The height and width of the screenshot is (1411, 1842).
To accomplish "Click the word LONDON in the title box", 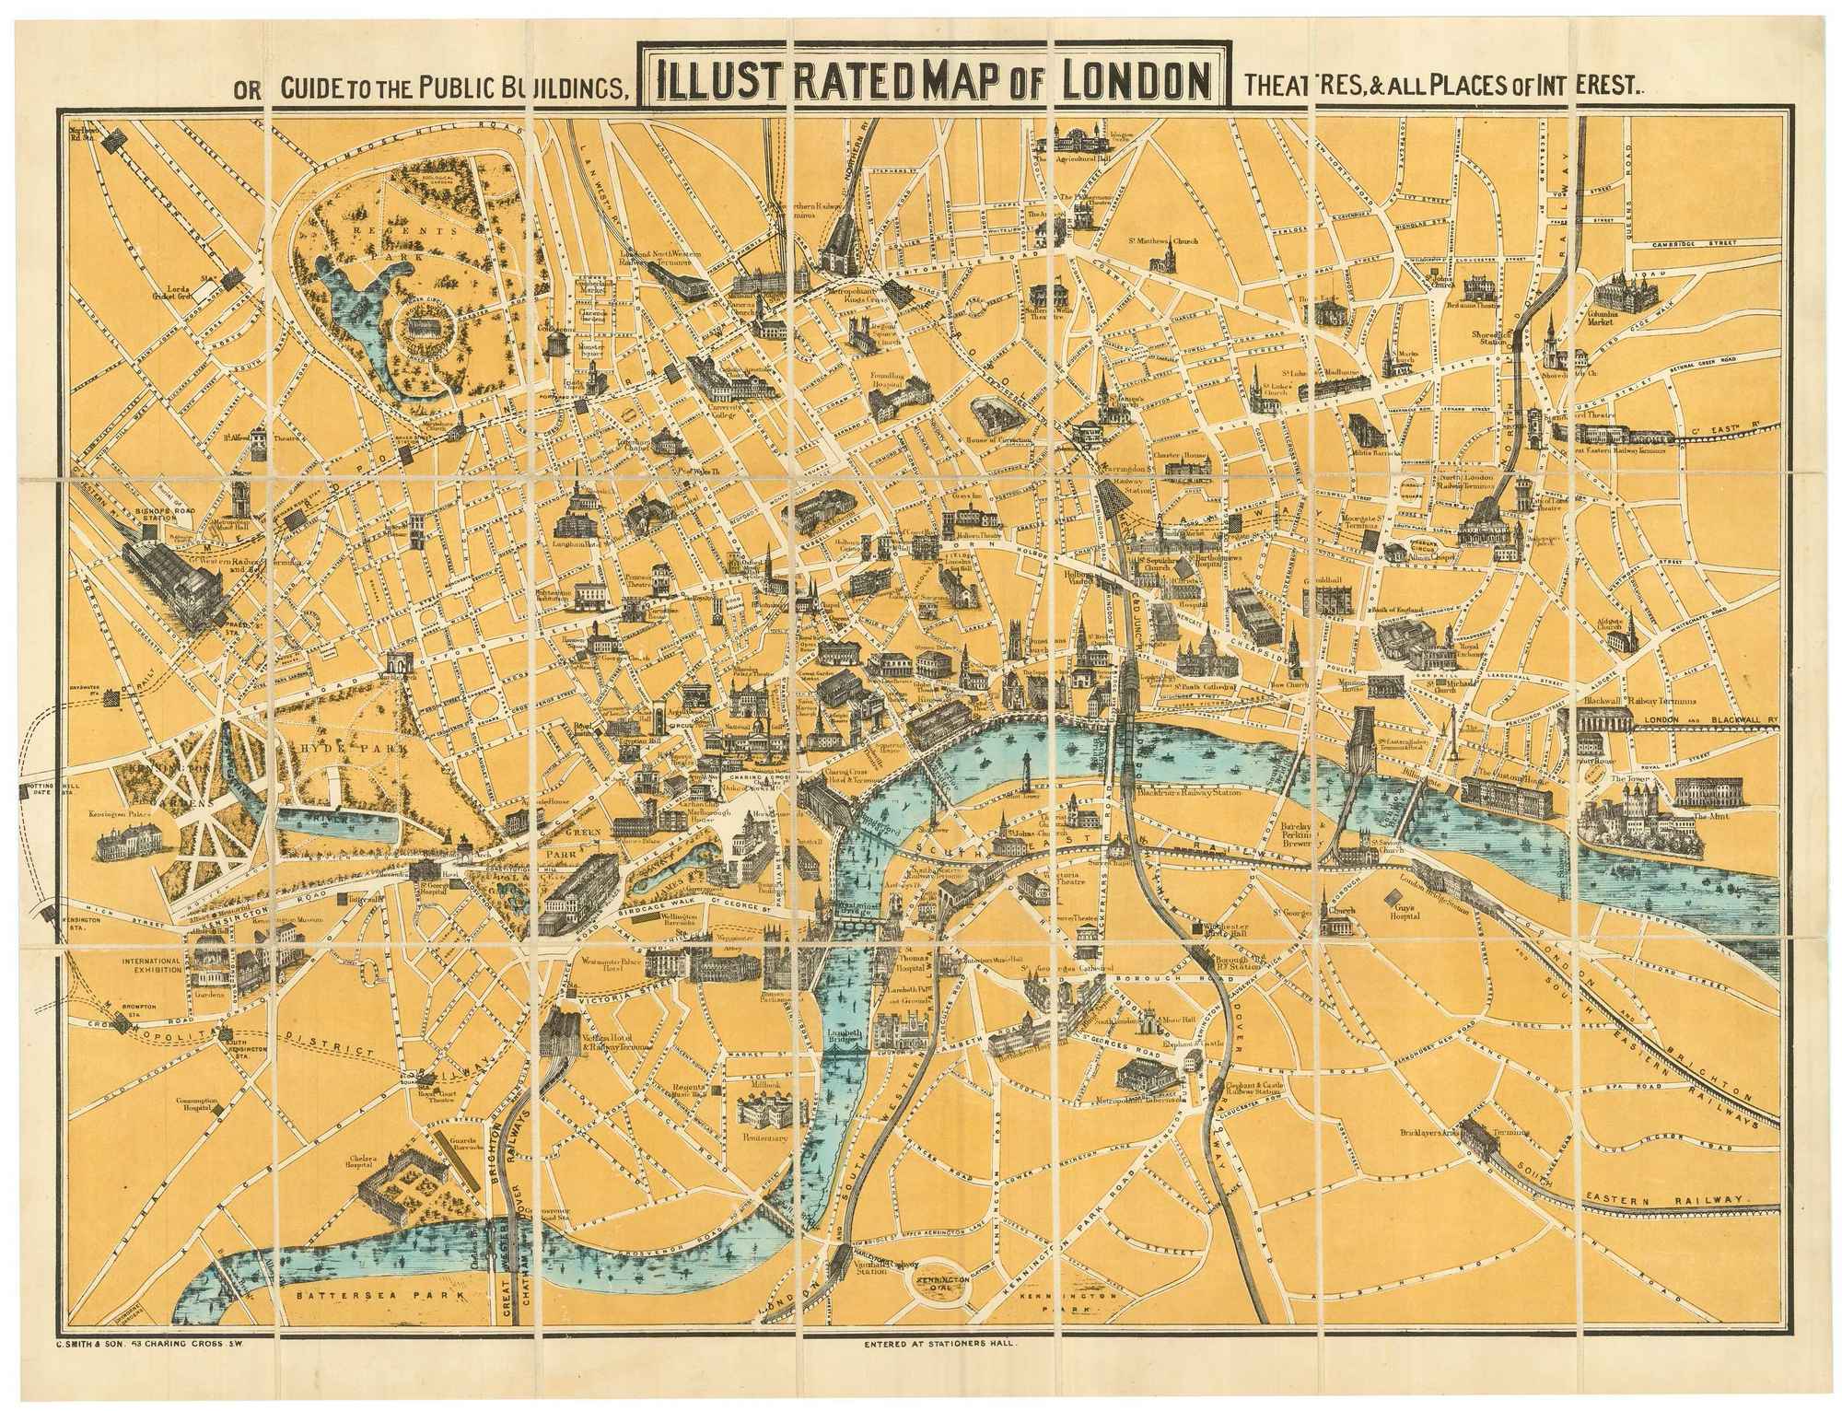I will (x=1135, y=82).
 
